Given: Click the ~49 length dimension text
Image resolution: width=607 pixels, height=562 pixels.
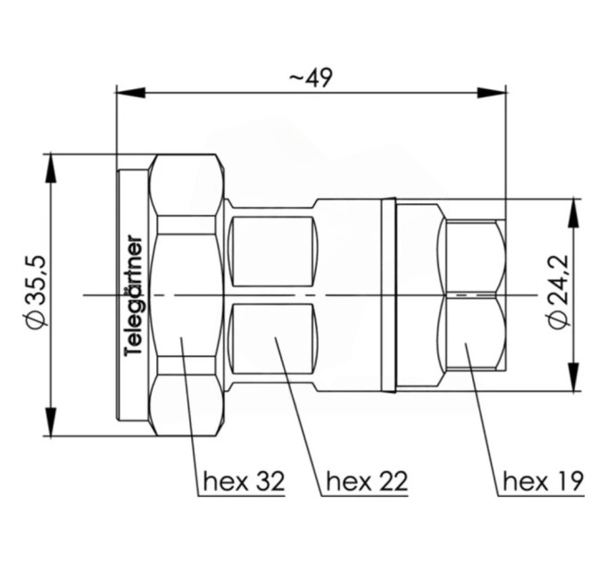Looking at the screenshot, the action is pyautogui.click(x=311, y=79).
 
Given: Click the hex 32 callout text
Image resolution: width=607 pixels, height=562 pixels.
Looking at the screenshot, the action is pyautogui.click(x=244, y=481).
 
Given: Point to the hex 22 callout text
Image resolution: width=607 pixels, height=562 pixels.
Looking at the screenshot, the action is pyautogui.click(x=367, y=481).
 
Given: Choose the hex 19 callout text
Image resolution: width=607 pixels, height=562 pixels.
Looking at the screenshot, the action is pyautogui.click(x=543, y=481).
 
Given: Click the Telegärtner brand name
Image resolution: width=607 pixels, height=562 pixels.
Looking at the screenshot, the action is pyautogui.click(x=134, y=295).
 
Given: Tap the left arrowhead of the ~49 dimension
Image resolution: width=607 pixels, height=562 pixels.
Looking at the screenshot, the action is pyautogui.click(x=131, y=93).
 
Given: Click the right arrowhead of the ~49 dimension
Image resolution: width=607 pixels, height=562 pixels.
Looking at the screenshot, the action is pyautogui.click(x=492, y=93).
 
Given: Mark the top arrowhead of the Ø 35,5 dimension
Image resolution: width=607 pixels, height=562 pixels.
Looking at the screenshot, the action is pyautogui.click(x=51, y=169).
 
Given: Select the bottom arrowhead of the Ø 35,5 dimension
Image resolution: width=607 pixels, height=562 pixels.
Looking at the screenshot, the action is pyautogui.click(x=51, y=422).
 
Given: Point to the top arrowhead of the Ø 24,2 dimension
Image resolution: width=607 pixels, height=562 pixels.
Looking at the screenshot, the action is pyautogui.click(x=574, y=212).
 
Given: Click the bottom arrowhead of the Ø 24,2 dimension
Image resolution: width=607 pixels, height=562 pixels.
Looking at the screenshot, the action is pyautogui.click(x=574, y=376).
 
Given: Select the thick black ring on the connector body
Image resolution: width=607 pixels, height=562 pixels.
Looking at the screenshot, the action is pyautogui.click(x=388, y=295).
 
